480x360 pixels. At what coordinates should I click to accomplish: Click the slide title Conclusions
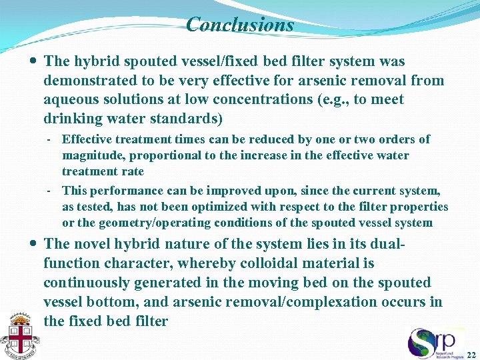point(240,25)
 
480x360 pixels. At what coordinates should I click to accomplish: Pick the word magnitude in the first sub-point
point(93,155)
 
